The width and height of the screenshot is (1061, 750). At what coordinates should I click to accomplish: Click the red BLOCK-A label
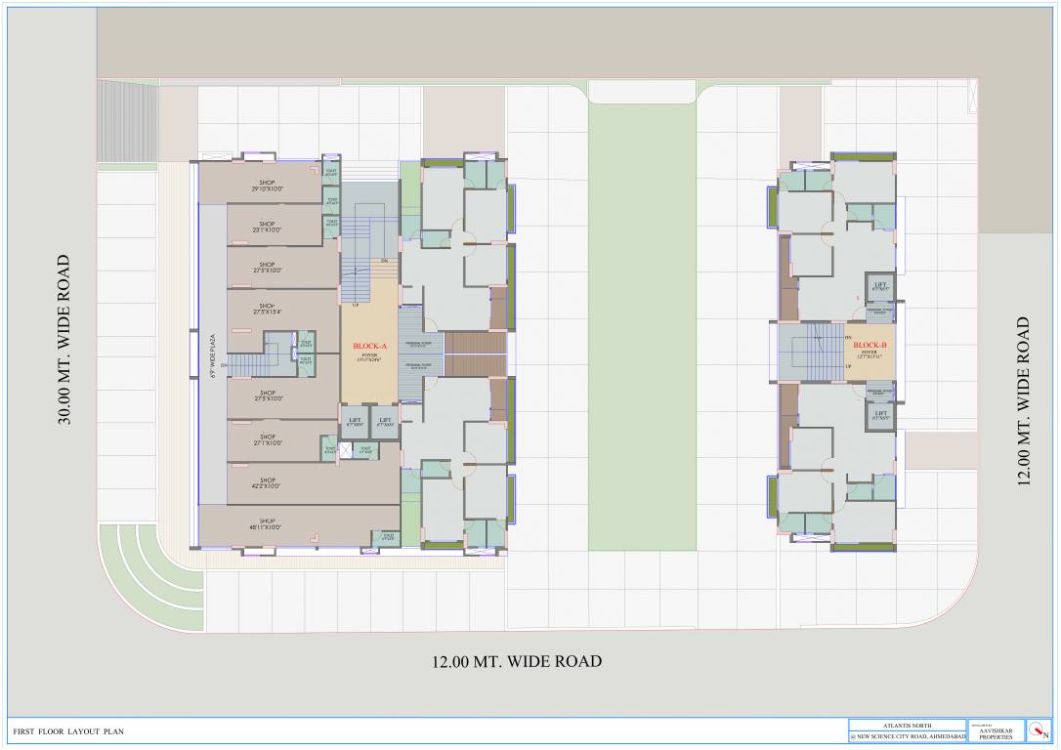pos(369,347)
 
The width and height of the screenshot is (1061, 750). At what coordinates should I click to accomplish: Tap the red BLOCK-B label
pos(869,345)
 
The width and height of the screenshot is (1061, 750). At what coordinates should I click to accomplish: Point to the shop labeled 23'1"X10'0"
pos(267,227)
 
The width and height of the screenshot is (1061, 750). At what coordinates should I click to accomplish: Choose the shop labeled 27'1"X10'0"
pos(267,439)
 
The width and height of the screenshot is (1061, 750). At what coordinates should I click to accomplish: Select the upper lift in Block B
pos(880,286)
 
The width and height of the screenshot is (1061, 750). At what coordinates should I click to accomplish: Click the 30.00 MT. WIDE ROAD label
pos(64,340)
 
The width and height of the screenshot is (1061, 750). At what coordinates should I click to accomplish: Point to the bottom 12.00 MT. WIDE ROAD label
pos(517,662)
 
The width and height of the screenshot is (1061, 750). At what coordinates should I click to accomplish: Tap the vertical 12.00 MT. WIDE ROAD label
pos(1023,399)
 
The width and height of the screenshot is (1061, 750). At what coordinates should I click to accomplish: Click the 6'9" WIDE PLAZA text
pos(211,360)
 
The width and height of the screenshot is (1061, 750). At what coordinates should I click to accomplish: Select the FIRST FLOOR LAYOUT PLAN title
pos(68,731)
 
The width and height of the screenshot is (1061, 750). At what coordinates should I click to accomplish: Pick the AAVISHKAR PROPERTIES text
pos(996,731)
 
